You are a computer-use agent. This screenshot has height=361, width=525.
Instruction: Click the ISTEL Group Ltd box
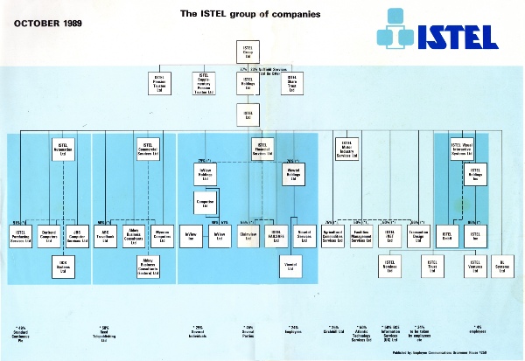click(248, 52)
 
